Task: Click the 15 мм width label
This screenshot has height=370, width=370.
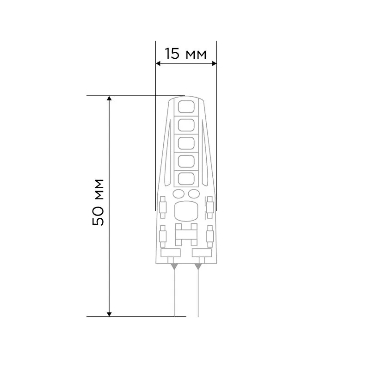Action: (x=186, y=54)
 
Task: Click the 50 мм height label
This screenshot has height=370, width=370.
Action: (x=99, y=202)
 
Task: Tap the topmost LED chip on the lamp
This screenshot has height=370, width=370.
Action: (x=186, y=107)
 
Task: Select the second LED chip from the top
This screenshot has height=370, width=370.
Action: (x=186, y=125)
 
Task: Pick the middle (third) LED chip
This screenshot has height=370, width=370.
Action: (x=186, y=143)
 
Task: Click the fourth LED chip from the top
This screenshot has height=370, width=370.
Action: (x=186, y=161)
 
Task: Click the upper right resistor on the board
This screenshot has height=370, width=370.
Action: (x=210, y=207)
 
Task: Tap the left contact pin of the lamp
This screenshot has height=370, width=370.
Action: (x=174, y=291)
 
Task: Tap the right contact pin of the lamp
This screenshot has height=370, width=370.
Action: (x=198, y=291)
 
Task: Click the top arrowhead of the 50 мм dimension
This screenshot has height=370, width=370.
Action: (x=110, y=99)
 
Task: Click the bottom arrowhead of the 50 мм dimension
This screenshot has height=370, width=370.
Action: (x=110, y=313)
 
